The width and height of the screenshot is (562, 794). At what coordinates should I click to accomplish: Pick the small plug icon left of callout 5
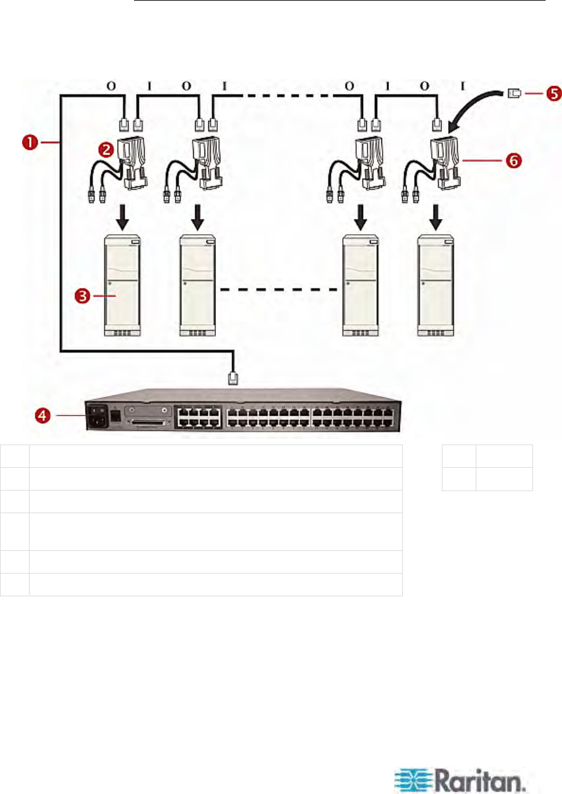coord(497,94)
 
